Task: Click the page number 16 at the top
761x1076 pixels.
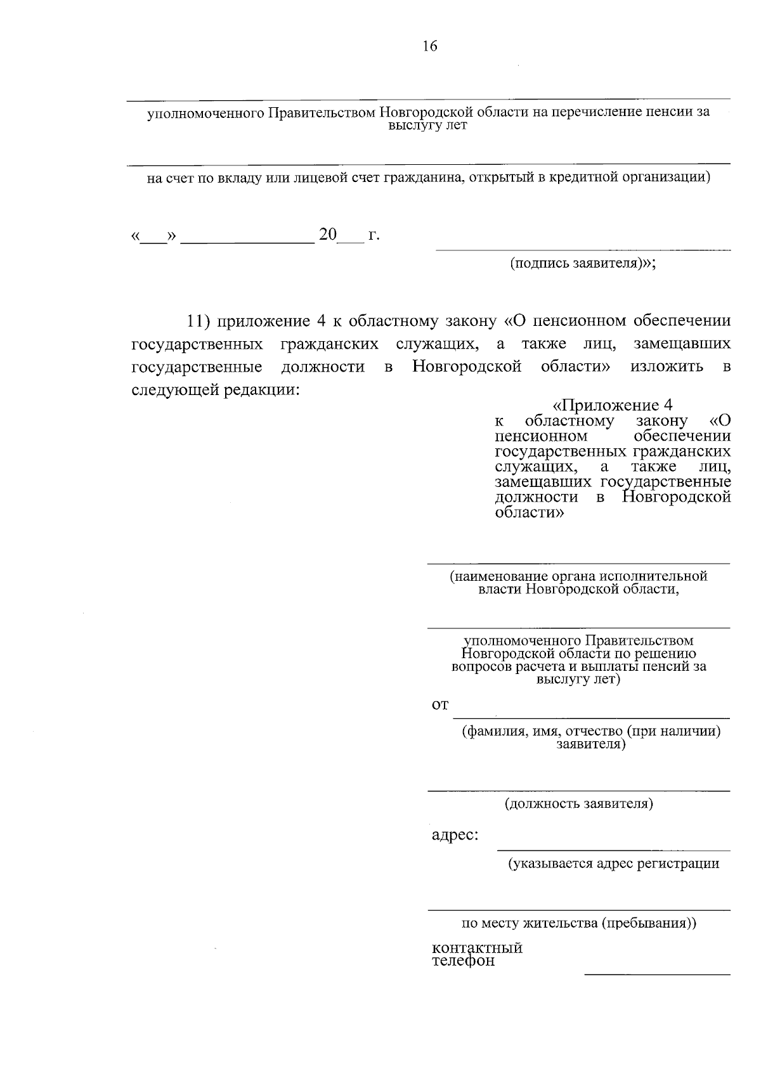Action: [429, 46]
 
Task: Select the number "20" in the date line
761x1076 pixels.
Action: [328, 235]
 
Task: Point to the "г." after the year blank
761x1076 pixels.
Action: [374, 235]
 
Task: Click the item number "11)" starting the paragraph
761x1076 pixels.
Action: [198, 321]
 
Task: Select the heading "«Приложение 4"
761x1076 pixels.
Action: [613, 405]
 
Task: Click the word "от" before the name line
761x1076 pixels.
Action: [440, 705]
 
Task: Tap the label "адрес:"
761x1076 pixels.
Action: [455, 835]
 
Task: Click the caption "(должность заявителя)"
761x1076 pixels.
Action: [578, 804]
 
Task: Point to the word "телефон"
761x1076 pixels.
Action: [463, 961]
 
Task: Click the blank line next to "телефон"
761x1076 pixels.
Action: [656, 973]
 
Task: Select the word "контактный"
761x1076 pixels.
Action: [477, 948]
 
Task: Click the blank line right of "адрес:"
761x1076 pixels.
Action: [613, 850]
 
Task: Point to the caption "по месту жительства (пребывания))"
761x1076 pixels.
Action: [578, 923]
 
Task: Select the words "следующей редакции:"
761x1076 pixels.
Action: [215, 389]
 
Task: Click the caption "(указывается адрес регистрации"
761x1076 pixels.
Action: [613, 863]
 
